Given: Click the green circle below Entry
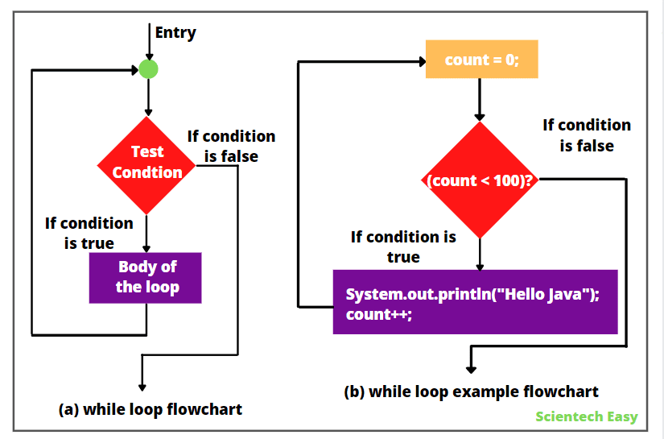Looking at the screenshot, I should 148,69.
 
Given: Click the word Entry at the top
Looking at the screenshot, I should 175,33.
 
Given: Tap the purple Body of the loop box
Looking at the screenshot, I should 145,277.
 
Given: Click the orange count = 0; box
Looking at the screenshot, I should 481,60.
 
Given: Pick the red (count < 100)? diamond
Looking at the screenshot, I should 480,180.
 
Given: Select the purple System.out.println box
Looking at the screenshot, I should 475,302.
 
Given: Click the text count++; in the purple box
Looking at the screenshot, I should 378,315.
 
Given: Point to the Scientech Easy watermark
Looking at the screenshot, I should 586,416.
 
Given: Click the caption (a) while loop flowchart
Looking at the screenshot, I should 151,409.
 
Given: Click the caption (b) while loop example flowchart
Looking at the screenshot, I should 471,392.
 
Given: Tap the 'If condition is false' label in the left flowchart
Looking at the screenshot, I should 231,146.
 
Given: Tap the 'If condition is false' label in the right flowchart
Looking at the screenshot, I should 587,135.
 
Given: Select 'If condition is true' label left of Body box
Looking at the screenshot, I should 89,233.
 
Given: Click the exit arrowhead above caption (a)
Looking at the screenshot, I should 142,384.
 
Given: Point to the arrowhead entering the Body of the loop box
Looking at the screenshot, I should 146,248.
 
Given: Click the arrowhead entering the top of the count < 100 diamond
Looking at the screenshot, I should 480,117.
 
